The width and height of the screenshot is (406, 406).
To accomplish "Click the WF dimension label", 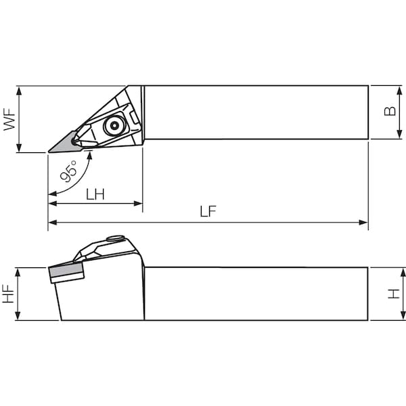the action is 9,119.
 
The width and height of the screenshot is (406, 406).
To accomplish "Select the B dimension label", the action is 390,111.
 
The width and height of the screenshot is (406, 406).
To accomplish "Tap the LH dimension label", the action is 95,194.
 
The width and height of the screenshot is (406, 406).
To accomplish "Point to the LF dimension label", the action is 208,211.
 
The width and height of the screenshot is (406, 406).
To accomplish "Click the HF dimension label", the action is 8,294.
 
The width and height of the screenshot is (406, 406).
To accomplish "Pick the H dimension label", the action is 394,294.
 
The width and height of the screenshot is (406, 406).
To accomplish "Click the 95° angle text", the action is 68,171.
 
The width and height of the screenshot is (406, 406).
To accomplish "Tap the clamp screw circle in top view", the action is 114,126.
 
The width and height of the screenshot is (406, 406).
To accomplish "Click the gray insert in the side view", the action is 66,270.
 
